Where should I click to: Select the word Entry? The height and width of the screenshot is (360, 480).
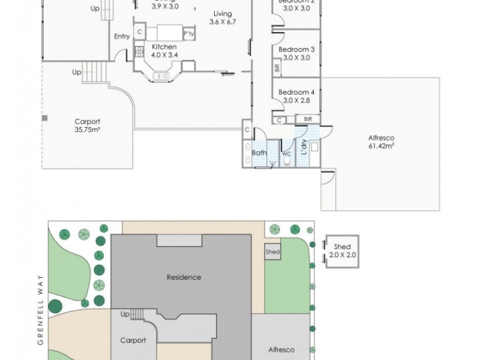122,37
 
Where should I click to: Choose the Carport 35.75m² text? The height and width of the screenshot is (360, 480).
87,124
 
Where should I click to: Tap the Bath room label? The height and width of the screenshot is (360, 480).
259,153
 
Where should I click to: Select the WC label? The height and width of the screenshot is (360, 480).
286,154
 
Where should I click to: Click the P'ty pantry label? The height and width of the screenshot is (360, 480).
188,34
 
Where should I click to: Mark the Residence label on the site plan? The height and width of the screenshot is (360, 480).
184,277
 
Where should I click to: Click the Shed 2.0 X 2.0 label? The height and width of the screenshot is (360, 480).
342,251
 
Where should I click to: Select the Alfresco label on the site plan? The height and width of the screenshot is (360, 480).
281,349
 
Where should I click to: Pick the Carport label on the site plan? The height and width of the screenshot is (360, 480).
133,340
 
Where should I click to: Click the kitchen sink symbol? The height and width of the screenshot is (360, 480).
161,76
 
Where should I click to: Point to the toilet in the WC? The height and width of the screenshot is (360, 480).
287,161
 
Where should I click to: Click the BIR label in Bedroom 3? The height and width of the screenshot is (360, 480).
277,68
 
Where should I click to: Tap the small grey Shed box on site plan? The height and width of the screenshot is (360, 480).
272,252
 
